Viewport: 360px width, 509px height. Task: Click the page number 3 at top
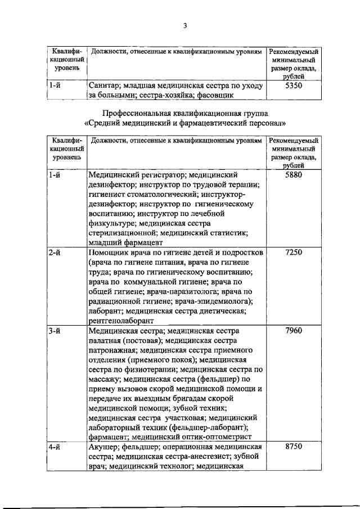(184, 25)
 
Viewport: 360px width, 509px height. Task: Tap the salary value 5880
(294, 175)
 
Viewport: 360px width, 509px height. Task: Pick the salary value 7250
(294, 253)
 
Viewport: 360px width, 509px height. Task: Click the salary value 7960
(294, 330)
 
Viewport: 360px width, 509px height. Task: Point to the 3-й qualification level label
(55, 330)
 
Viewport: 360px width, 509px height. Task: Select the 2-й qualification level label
(55, 253)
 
